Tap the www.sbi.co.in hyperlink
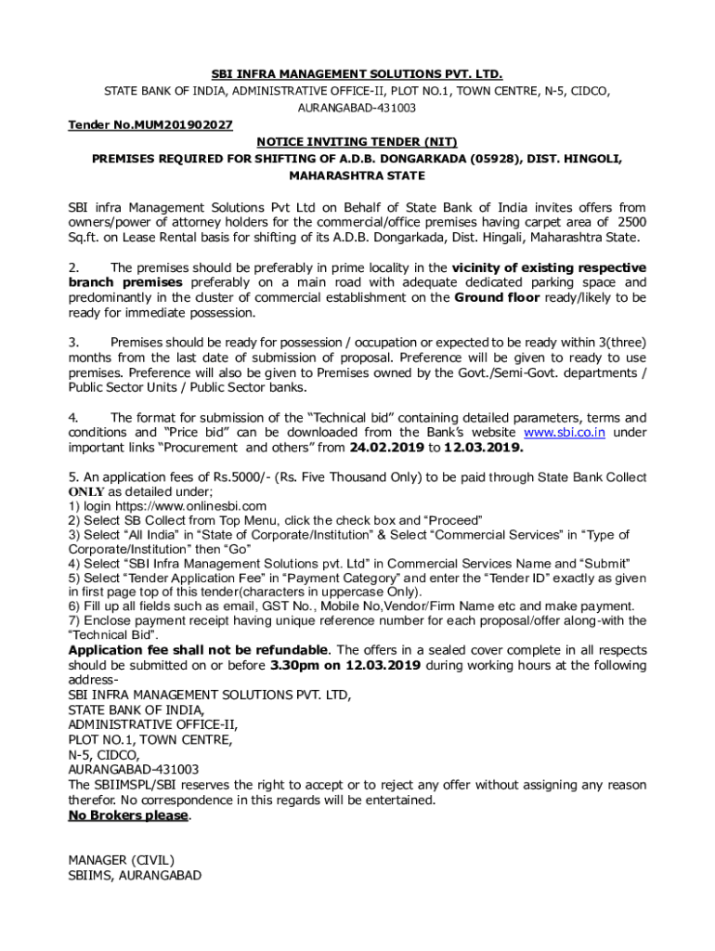[565, 433]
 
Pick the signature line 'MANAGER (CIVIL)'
[121, 860]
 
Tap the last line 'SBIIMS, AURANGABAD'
[135, 875]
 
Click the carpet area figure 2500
[630, 222]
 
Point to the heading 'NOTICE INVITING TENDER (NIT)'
[357, 142]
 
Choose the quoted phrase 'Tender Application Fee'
[154, 578]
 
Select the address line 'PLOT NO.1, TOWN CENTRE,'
[149, 740]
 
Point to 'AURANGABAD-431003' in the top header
[357, 108]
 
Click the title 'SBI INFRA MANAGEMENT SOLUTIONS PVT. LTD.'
[357, 73]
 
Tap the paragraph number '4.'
[73, 418]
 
